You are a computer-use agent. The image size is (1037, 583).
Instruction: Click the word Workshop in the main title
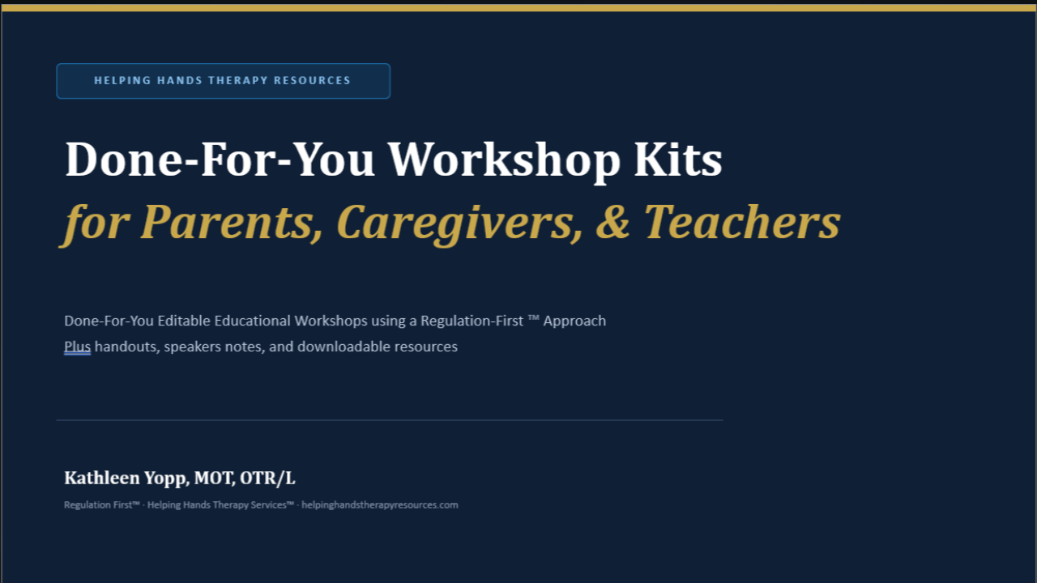(504, 160)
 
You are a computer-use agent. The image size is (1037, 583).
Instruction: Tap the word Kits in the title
(678, 160)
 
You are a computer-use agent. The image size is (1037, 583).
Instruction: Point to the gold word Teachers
(742, 223)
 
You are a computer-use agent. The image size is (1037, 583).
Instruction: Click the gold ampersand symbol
(613, 223)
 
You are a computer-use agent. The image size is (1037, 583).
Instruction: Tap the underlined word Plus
(77, 347)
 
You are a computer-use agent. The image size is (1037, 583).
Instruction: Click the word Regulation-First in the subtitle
(472, 321)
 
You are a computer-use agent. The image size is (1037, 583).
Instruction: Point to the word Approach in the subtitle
(574, 321)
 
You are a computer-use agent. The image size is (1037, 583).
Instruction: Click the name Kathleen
(102, 478)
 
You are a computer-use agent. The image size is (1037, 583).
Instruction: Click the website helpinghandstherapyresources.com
(380, 504)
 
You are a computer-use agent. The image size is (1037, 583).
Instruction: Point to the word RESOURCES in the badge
(312, 80)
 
